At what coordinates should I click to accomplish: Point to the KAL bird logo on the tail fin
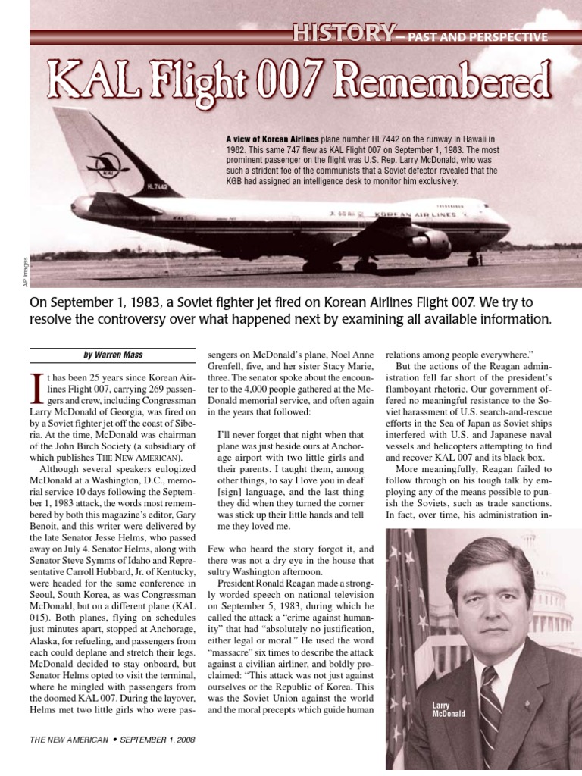click(98, 164)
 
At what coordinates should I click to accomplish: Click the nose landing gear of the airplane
click(474, 260)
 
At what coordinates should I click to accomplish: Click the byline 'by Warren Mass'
click(113, 355)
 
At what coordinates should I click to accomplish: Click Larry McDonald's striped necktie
click(490, 705)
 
